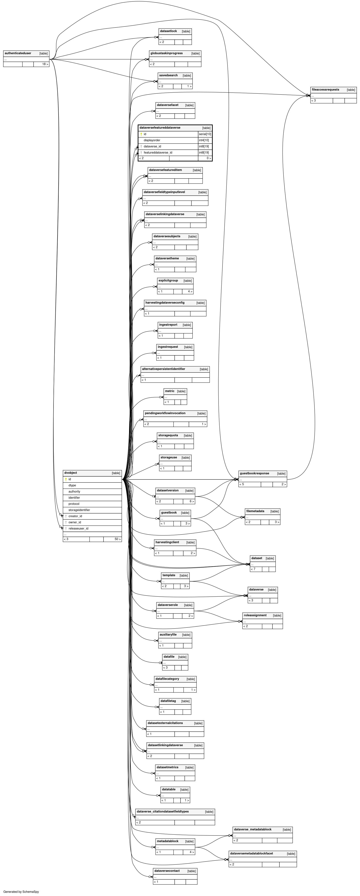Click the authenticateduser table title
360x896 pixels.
coord(18,53)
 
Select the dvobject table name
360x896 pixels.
coord(71,473)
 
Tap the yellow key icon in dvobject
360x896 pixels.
coord(66,479)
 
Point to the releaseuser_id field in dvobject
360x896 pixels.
coord(78,528)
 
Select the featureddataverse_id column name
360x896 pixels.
coord(158,152)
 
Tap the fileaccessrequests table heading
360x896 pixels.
coord(325,89)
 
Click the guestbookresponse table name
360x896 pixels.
coord(254,473)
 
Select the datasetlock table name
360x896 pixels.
coord(168,31)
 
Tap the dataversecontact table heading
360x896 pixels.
coord(167,871)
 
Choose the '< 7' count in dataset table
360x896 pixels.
coord(253,569)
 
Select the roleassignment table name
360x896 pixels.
coord(255,615)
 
